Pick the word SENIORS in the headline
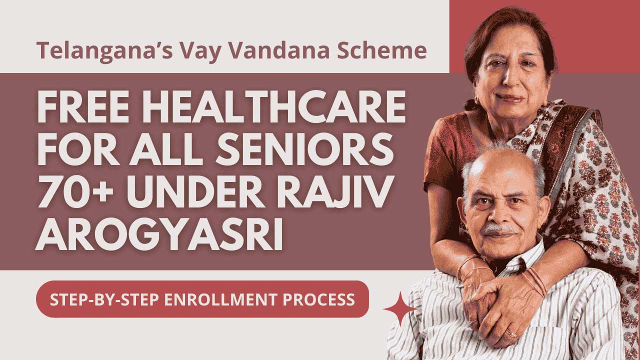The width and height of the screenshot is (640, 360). pyautogui.click(x=309, y=151)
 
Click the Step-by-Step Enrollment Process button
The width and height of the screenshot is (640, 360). pyautogui.click(x=202, y=299)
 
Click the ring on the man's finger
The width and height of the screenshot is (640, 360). pyautogui.click(x=512, y=333)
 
